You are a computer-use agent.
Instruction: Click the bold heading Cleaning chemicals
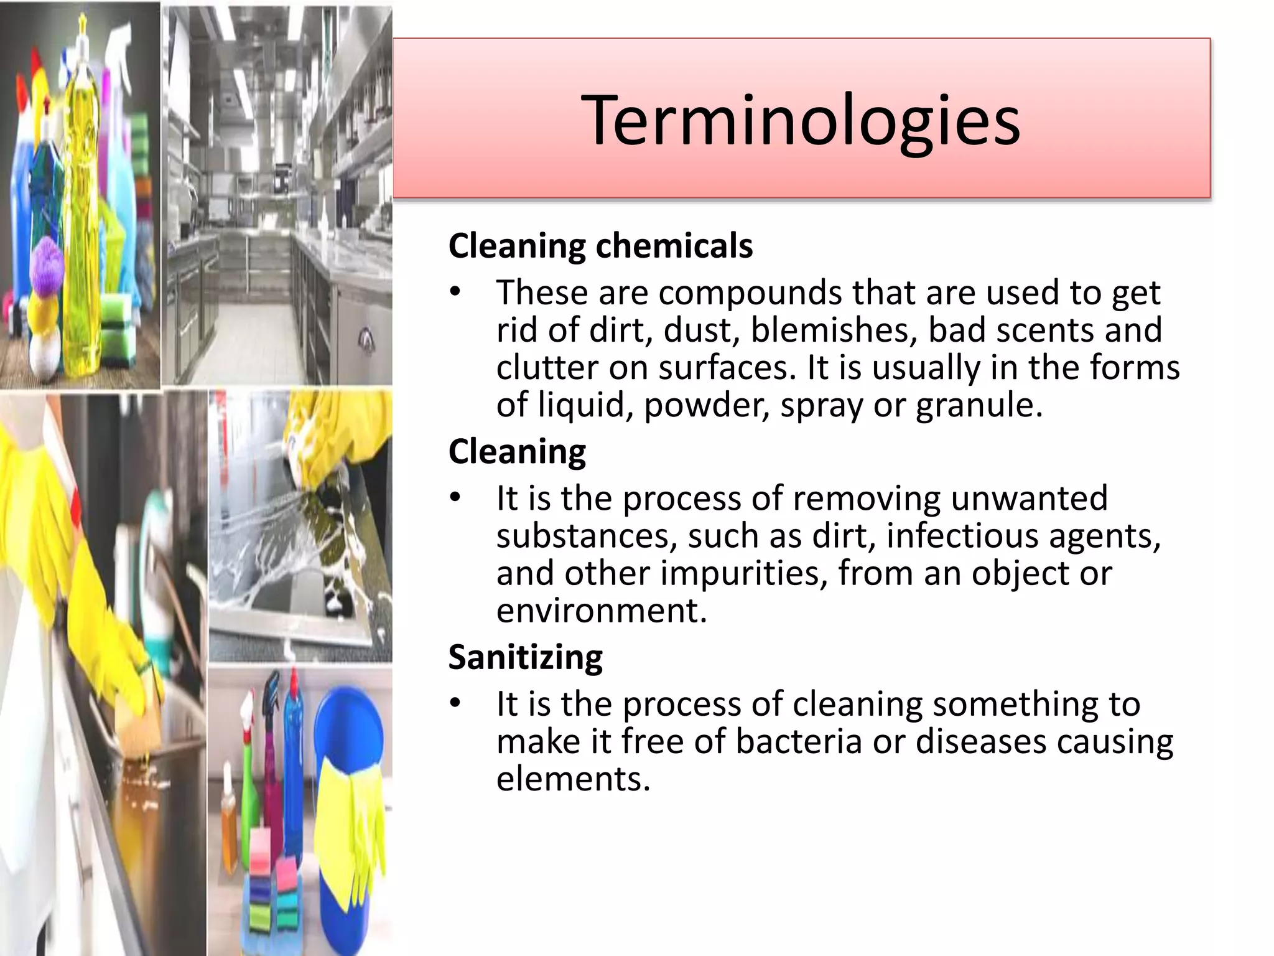600,245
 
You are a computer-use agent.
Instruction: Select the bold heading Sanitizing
526,657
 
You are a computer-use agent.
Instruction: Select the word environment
601,611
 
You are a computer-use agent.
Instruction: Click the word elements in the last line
572,779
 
